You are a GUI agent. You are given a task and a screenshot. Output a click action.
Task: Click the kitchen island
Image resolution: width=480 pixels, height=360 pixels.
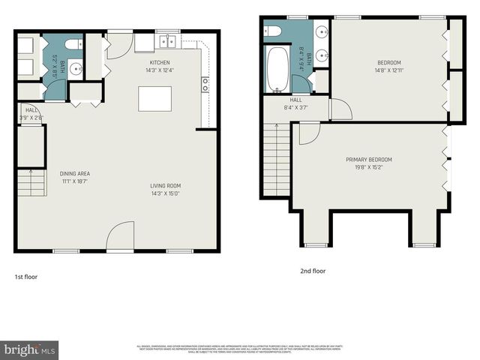click(x=154, y=99)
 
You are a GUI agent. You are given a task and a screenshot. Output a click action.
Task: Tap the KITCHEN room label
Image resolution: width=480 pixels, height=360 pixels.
click(x=159, y=62)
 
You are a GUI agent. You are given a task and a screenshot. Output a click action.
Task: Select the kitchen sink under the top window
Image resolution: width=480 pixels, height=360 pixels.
click(x=166, y=42)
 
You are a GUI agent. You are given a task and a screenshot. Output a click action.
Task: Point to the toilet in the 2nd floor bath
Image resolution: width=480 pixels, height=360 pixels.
click(x=273, y=31)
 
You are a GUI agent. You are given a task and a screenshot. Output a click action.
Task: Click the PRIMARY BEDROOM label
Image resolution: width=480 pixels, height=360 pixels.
click(x=368, y=159)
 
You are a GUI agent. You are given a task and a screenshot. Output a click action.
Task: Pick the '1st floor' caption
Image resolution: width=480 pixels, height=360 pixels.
click(x=26, y=277)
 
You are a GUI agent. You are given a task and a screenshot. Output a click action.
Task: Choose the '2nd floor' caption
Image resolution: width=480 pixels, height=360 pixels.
click(x=313, y=271)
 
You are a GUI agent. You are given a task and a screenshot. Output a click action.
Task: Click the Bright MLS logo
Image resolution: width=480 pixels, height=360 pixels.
click(x=30, y=349)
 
